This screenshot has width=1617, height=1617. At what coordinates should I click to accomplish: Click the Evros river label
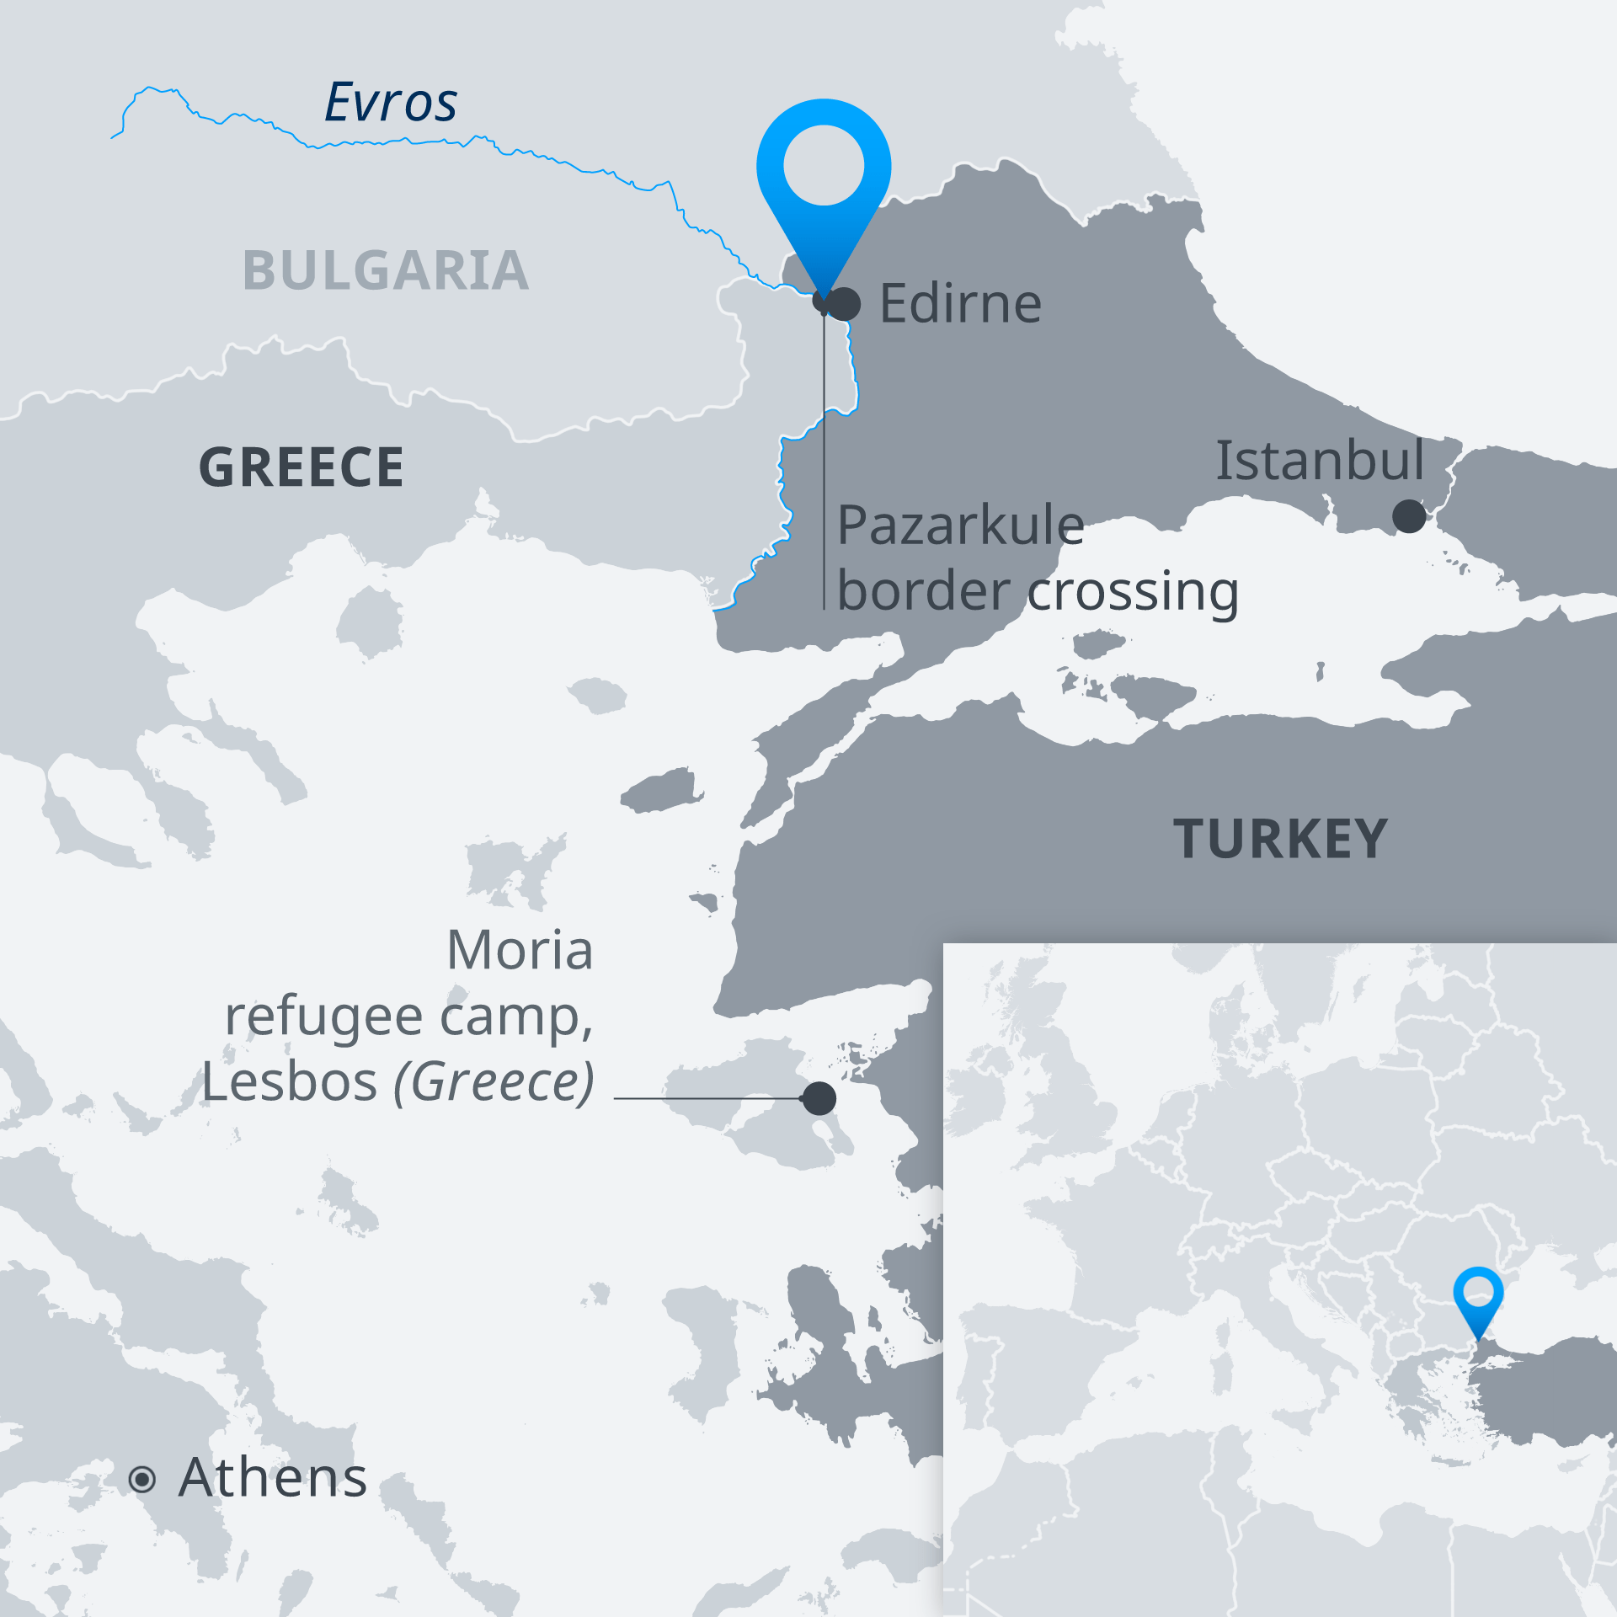[391, 103]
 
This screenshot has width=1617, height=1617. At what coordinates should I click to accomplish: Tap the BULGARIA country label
[386, 271]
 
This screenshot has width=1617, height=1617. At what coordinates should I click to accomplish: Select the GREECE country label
[302, 467]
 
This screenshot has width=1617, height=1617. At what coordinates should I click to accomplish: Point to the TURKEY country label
[1280, 840]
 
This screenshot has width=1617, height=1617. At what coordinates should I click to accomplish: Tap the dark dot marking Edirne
[845, 304]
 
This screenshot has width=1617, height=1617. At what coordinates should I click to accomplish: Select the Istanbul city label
[1320, 461]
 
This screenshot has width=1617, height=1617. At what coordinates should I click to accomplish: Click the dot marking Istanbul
[1409, 516]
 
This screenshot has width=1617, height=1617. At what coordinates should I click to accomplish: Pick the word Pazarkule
[960, 526]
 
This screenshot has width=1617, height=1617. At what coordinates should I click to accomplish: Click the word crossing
[1134, 592]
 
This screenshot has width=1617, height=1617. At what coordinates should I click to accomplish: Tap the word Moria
[520, 950]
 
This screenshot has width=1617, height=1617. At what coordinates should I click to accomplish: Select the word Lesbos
[289, 1081]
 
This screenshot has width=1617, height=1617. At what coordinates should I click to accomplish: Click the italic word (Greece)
[494, 1081]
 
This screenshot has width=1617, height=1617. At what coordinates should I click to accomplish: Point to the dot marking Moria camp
[819, 1098]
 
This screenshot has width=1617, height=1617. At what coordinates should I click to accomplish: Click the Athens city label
[273, 1477]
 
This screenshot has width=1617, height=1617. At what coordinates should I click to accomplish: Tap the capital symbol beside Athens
[142, 1479]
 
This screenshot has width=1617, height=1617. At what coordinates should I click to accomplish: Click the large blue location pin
[824, 168]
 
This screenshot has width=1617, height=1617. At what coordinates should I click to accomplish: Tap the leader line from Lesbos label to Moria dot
[707, 1098]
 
